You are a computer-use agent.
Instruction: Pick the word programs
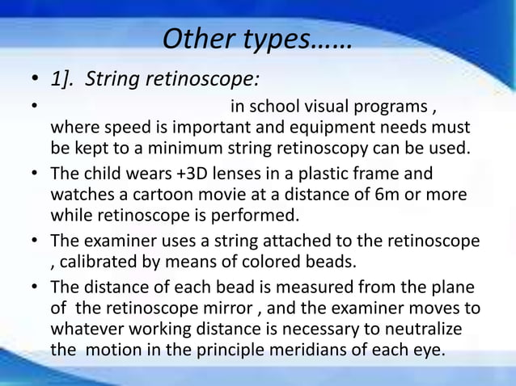click(394, 107)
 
